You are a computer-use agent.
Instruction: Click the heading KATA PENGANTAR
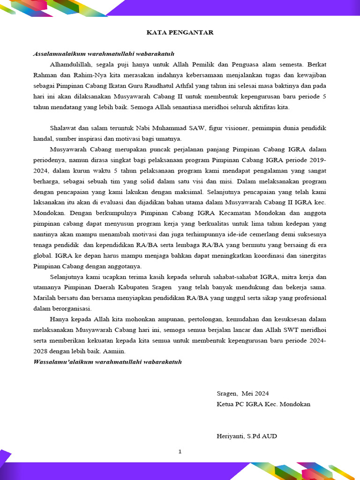(x=180, y=32)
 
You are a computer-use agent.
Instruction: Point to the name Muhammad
(x=163, y=128)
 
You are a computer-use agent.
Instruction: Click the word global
(x=43, y=255)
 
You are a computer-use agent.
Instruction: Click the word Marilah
(x=45, y=298)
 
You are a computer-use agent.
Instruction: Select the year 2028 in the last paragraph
(x=41, y=351)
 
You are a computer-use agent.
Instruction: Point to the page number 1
(x=180, y=452)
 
